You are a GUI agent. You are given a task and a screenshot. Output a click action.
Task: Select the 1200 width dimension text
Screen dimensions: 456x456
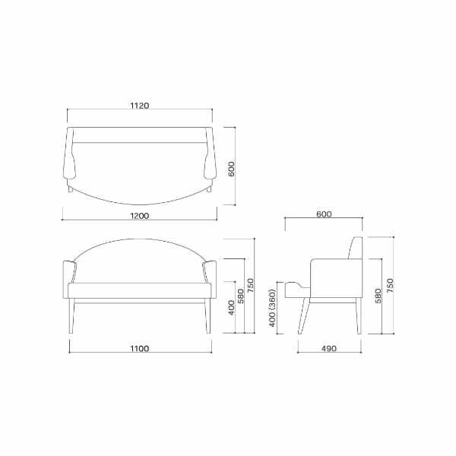(x=138, y=215)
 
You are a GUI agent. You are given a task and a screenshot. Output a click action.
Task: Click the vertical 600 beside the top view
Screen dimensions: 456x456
(x=231, y=167)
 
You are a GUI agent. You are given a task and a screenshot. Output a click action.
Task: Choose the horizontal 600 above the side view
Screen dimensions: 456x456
(x=323, y=214)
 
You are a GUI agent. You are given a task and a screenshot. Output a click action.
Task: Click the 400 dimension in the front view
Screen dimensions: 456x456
(x=230, y=310)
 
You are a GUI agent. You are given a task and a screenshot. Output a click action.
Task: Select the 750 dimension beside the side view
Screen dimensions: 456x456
(x=390, y=286)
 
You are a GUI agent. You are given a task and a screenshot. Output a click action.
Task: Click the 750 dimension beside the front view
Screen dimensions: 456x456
(x=250, y=286)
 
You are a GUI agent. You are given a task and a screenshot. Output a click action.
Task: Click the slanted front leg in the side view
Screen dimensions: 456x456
(x=304, y=316)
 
